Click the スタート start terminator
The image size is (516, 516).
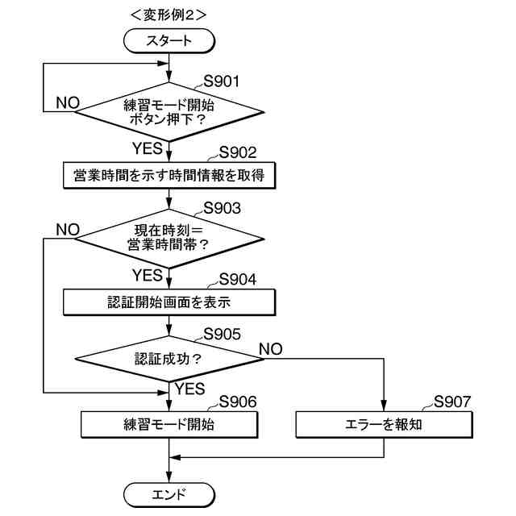tap(169, 40)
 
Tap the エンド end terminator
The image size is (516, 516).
tap(169, 493)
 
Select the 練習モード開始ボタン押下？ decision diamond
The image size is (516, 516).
tap(169, 110)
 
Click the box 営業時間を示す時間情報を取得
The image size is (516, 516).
tap(169, 174)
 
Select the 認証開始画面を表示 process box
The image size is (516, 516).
tap(169, 302)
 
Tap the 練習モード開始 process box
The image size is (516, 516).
tap(169, 424)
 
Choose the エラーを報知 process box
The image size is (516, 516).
tap(382, 424)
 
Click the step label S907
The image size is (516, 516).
tap(451, 402)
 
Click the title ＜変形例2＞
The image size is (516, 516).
tap(168, 14)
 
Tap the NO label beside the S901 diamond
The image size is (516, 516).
tap(68, 103)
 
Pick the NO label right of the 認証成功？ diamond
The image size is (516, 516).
tap(271, 349)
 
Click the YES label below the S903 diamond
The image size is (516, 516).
tap(148, 276)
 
